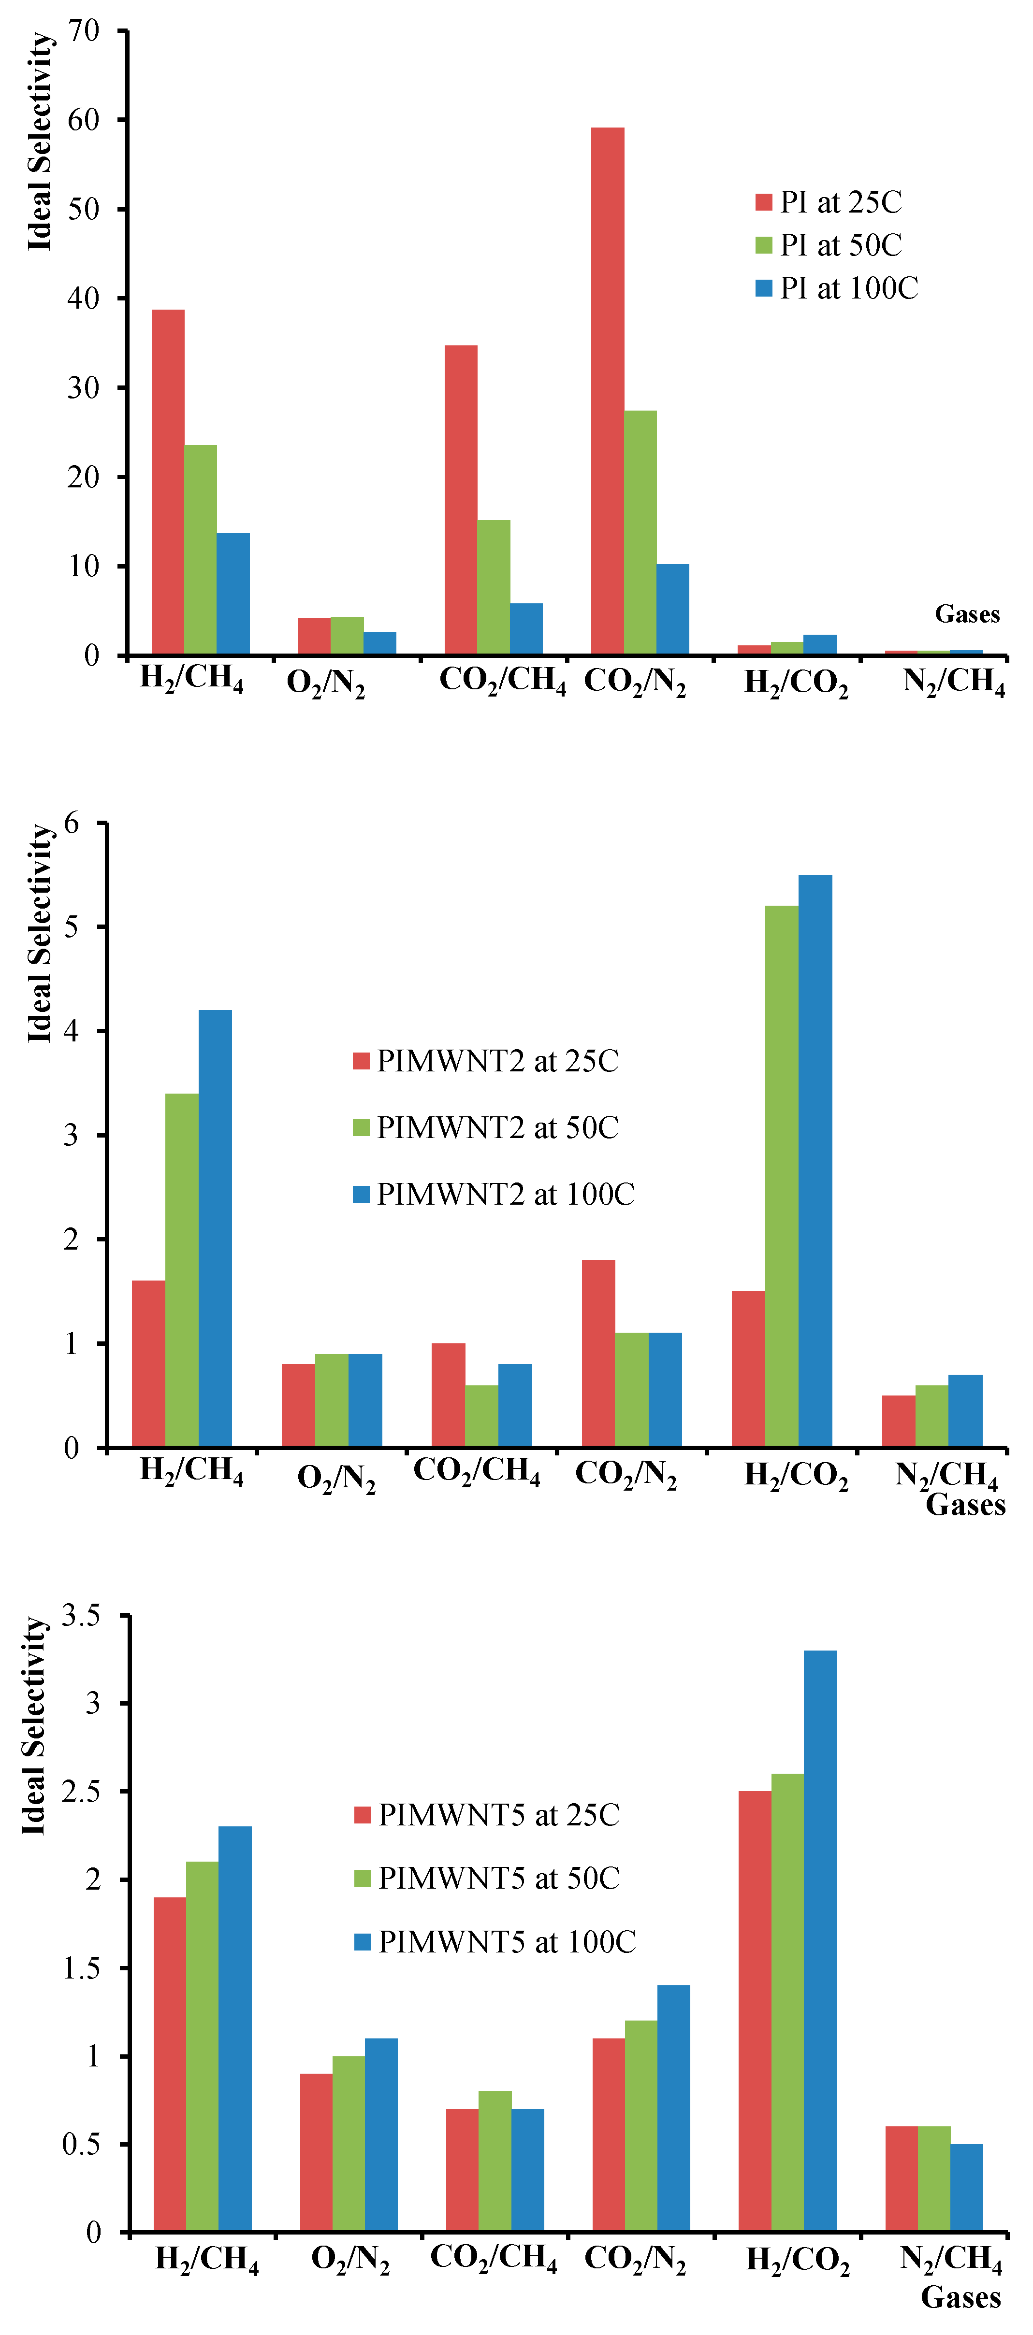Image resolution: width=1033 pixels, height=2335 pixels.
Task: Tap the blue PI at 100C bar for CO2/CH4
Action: click(526, 628)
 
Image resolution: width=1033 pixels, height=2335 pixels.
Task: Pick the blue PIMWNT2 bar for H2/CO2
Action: click(815, 1160)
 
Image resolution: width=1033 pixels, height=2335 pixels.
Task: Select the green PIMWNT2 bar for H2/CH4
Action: click(181, 1269)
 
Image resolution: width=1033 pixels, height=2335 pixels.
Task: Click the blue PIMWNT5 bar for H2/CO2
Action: click(820, 1940)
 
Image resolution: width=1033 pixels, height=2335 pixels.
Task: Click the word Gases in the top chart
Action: click(967, 614)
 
